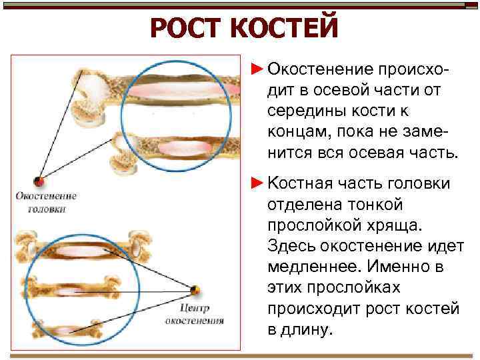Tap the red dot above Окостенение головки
click(40, 181)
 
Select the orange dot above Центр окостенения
click(195, 290)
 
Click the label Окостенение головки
click(47, 203)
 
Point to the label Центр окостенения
click(195, 314)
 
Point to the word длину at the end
click(307, 329)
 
